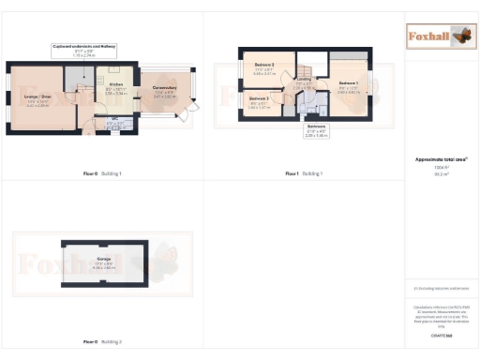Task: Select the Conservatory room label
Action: pyautogui.click(x=165, y=90)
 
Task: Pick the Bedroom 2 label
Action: pyautogui.click(x=264, y=66)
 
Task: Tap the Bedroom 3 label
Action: pyautogui.click(x=260, y=98)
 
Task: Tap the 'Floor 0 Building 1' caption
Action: pyautogui.click(x=103, y=173)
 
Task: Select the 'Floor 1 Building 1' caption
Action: pyautogui.click(x=304, y=173)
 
